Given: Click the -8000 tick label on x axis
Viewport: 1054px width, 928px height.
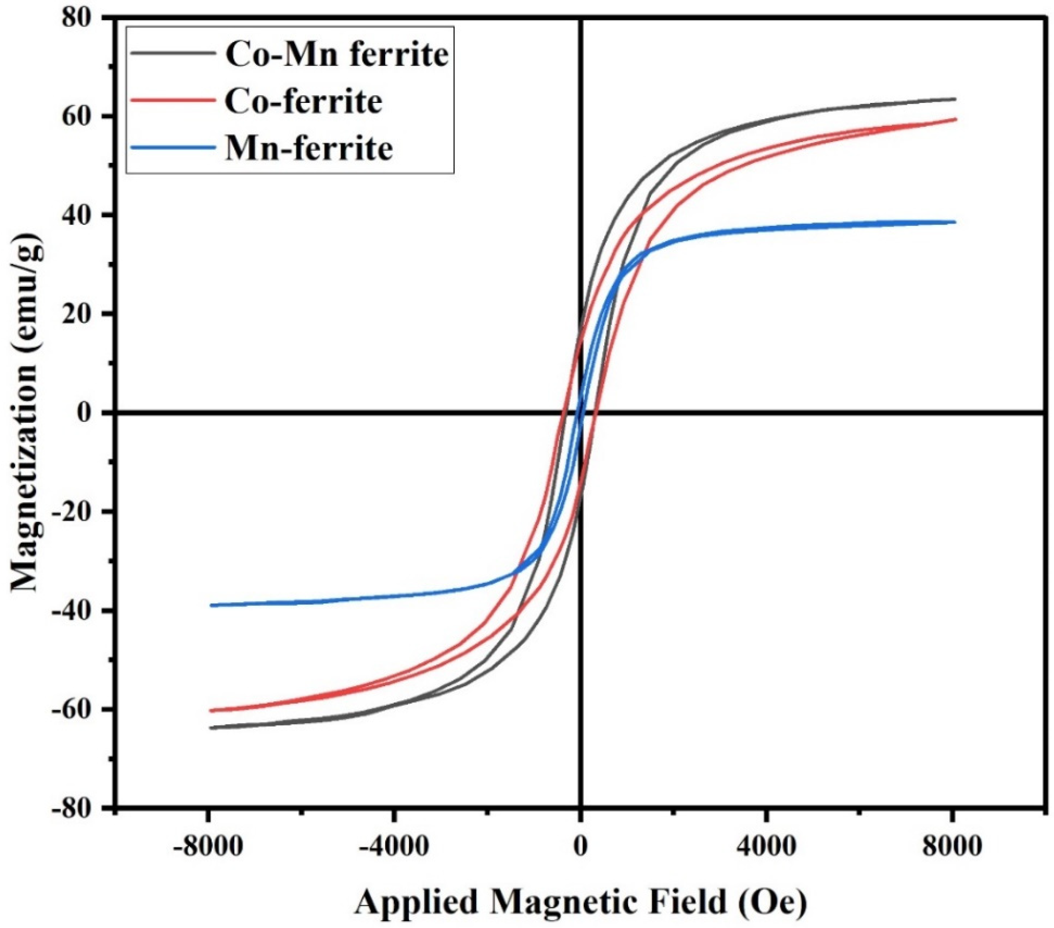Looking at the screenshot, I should [208, 847].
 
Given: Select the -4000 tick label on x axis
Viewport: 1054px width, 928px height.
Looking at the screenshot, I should [394, 847].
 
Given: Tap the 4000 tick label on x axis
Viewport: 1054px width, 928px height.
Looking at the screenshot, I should [767, 847].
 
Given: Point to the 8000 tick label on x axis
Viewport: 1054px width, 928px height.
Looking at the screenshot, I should [952, 847].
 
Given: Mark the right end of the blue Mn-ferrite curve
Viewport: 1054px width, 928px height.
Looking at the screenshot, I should [955, 222].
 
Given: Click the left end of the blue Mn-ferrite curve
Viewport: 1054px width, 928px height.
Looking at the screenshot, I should [211, 605].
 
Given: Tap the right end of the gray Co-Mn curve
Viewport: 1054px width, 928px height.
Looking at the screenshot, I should [955, 99].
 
